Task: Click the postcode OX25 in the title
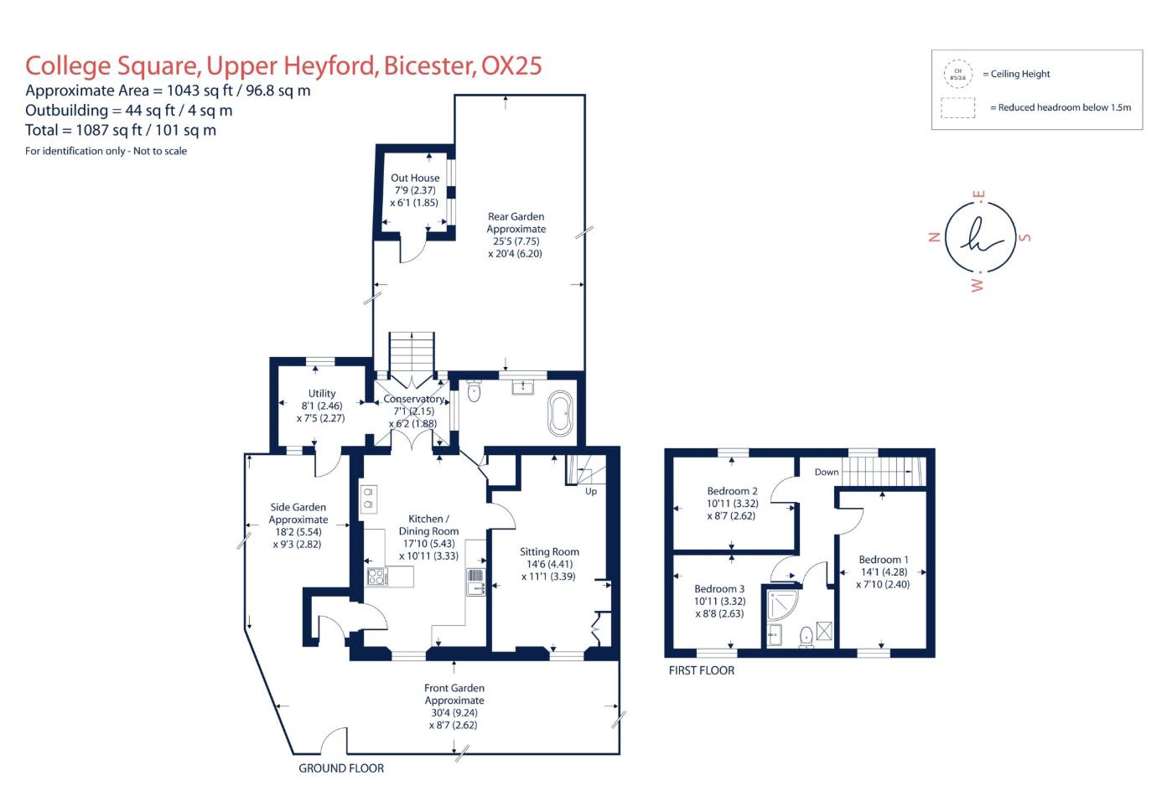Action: pyautogui.click(x=511, y=65)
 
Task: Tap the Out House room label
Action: pyautogui.click(x=415, y=178)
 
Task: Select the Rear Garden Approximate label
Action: pyautogui.click(x=516, y=222)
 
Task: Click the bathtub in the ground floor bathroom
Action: pyautogui.click(x=560, y=412)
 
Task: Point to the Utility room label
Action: pyautogui.click(x=322, y=393)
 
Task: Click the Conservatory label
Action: pyautogui.click(x=413, y=399)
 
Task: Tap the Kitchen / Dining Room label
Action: pyautogui.click(x=428, y=525)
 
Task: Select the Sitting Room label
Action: pyautogui.click(x=549, y=551)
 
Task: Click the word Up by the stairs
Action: pyautogui.click(x=591, y=491)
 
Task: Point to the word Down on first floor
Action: pyautogui.click(x=827, y=472)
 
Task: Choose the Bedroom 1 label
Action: pyautogui.click(x=883, y=560)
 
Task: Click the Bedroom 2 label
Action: pyautogui.click(x=732, y=491)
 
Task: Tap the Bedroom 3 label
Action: pyautogui.click(x=719, y=589)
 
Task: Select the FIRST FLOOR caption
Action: pyautogui.click(x=702, y=670)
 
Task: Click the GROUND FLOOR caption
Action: pyautogui.click(x=341, y=768)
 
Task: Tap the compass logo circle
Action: pyautogui.click(x=980, y=238)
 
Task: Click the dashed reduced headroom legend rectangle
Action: pyautogui.click(x=957, y=108)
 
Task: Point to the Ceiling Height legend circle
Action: pyautogui.click(x=958, y=74)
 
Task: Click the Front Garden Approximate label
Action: pyautogui.click(x=454, y=694)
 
